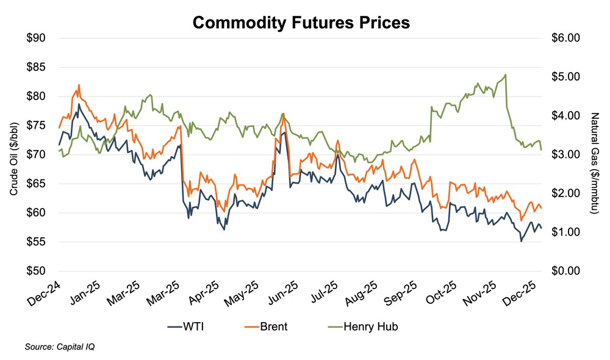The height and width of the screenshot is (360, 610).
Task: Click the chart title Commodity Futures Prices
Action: pos(301,23)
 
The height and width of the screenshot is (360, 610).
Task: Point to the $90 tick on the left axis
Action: pos(38,38)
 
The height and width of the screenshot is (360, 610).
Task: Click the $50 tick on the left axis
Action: pos(38,271)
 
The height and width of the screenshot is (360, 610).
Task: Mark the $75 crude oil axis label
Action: pos(38,125)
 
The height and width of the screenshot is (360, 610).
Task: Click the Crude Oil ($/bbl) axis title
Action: pos(13,154)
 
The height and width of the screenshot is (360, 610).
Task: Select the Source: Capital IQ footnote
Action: pos(59,347)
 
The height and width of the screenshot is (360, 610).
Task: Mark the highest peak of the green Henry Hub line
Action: pos(506,74)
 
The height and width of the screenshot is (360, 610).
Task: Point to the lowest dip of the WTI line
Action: pos(521,242)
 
